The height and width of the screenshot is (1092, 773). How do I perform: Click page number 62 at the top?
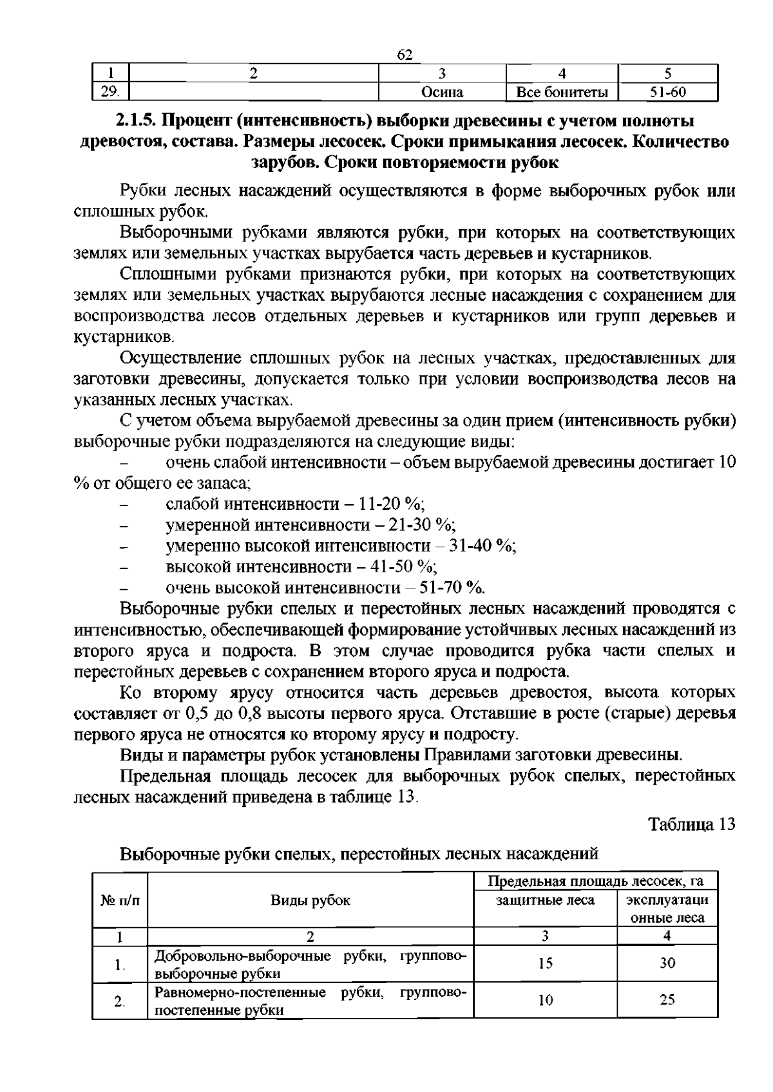click(x=405, y=55)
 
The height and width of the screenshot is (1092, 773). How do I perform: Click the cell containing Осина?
click(x=442, y=92)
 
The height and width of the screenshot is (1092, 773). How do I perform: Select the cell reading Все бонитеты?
click(x=562, y=92)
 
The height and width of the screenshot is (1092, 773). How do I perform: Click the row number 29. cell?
click(x=110, y=92)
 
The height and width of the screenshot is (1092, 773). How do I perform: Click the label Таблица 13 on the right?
click(x=691, y=825)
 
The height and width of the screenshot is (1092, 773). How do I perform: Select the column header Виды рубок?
click(x=310, y=900)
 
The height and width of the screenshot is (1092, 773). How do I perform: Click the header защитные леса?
click(x=545, y=900)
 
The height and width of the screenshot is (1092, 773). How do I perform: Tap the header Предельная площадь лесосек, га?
click(x=595, y=881)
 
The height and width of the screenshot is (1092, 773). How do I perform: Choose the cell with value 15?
click(x=545, y=964)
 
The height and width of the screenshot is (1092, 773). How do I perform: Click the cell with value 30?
click(x=667, y=964)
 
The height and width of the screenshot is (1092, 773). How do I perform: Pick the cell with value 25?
click(x=667, y=1000)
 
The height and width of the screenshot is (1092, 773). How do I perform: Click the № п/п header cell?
click(x=120, y=900)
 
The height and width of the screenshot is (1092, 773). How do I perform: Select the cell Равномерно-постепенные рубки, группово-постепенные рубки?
click(x=310, y=1001)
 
